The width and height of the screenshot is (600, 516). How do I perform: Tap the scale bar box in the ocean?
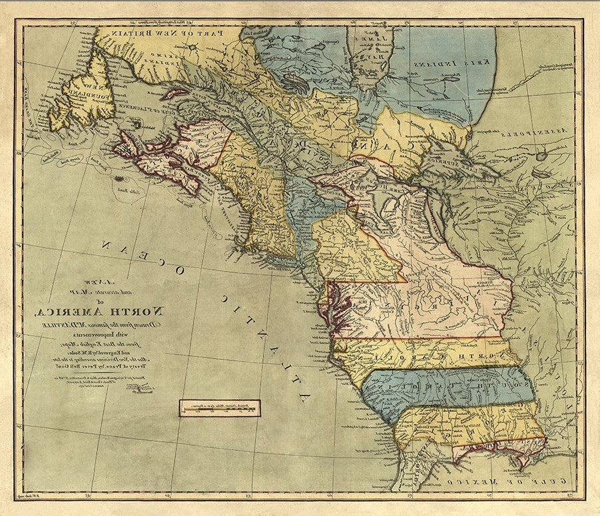point(219,407)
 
